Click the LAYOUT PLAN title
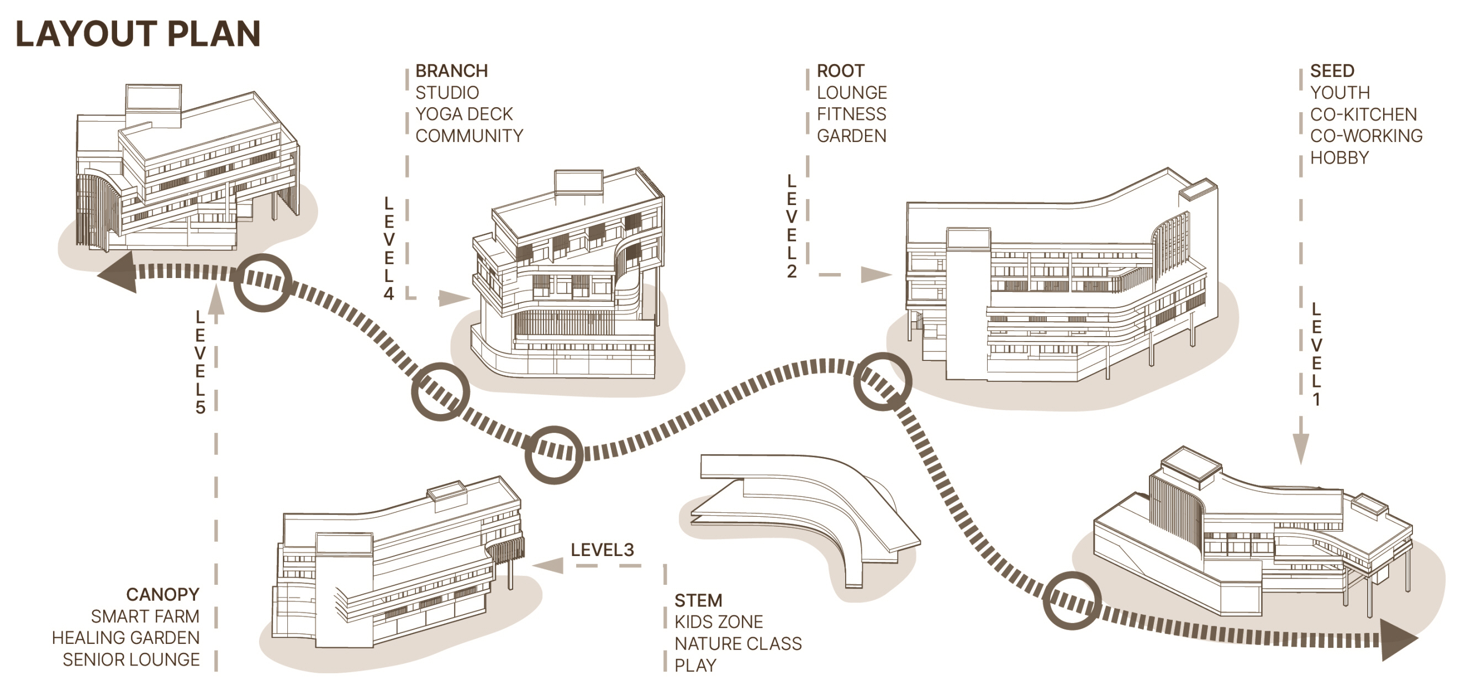pos(138,34)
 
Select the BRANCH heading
pos(451,71)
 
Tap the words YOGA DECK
pos(464,114)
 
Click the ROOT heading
pos(840,71)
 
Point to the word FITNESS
pos(851,114)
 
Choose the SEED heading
pos(1332,71)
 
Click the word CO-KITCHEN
pos(1363,114)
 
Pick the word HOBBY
pos(1339,157)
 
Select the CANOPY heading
pos(163,595)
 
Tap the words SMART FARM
pos(145,616)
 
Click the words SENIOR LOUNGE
pos(131,659)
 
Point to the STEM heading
pos(698,600)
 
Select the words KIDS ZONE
pos(718,622)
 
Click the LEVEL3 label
pos(602,549)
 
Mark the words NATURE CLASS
pos(737,643)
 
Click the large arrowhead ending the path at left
pos(120,274)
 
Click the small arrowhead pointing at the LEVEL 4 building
pos(453,298)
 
